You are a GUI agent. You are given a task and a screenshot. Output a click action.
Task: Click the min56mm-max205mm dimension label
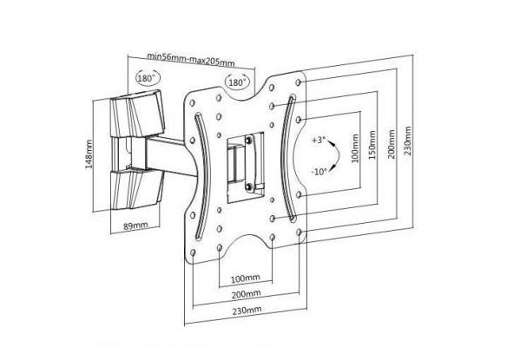191,59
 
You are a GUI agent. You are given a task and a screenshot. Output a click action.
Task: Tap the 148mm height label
89,154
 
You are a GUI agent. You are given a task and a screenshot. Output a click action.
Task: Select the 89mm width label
135,226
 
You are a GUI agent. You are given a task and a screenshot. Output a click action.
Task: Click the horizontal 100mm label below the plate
246,278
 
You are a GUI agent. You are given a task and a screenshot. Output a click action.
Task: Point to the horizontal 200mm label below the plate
246,294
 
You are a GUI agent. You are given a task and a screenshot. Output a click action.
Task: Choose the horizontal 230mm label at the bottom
247,311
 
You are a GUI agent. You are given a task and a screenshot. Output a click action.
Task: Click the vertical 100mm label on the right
355,148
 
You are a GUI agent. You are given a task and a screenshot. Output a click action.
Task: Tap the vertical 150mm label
372,145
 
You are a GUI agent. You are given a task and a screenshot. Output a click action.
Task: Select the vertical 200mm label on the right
392,144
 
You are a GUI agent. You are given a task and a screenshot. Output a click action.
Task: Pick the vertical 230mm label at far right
407,141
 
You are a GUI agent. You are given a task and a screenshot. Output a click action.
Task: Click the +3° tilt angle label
319,140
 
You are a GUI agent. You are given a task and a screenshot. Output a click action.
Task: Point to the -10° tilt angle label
319,172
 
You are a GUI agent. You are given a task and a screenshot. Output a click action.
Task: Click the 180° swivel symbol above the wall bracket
148,78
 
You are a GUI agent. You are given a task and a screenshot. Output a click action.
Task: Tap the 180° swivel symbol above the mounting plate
238,82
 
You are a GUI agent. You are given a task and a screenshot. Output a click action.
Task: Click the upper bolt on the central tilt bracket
248,141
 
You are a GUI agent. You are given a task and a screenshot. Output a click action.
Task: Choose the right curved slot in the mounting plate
285,158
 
